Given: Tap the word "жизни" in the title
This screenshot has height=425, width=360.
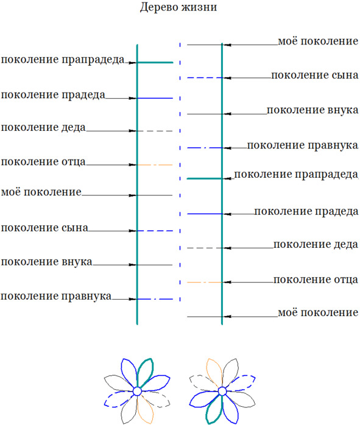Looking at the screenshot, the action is (199, 7).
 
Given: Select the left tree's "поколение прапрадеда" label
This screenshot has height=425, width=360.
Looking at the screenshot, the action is (63, 60).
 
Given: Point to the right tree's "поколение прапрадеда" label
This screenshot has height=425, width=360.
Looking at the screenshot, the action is (296, 174).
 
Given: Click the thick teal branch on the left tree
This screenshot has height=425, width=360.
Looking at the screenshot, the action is (155, 63).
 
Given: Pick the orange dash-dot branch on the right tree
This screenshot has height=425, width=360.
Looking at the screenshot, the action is (205, 283).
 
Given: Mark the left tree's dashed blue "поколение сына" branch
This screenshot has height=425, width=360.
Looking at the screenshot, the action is (155, 231).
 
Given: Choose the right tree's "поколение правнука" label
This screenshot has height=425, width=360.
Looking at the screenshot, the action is (303, 146).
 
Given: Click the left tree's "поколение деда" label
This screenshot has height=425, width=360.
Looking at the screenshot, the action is (43, 127).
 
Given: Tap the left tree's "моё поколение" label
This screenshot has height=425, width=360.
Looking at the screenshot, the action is (41, 192).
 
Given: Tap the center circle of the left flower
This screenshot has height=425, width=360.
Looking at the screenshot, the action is (137, 392).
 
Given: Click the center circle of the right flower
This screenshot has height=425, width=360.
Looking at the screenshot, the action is (222, 392).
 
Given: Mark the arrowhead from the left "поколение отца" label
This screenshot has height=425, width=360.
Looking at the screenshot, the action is (133, 165).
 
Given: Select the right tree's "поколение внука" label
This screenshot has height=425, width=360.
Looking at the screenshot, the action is (312, 110).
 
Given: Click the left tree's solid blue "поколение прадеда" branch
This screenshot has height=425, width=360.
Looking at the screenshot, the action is (155, 98).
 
